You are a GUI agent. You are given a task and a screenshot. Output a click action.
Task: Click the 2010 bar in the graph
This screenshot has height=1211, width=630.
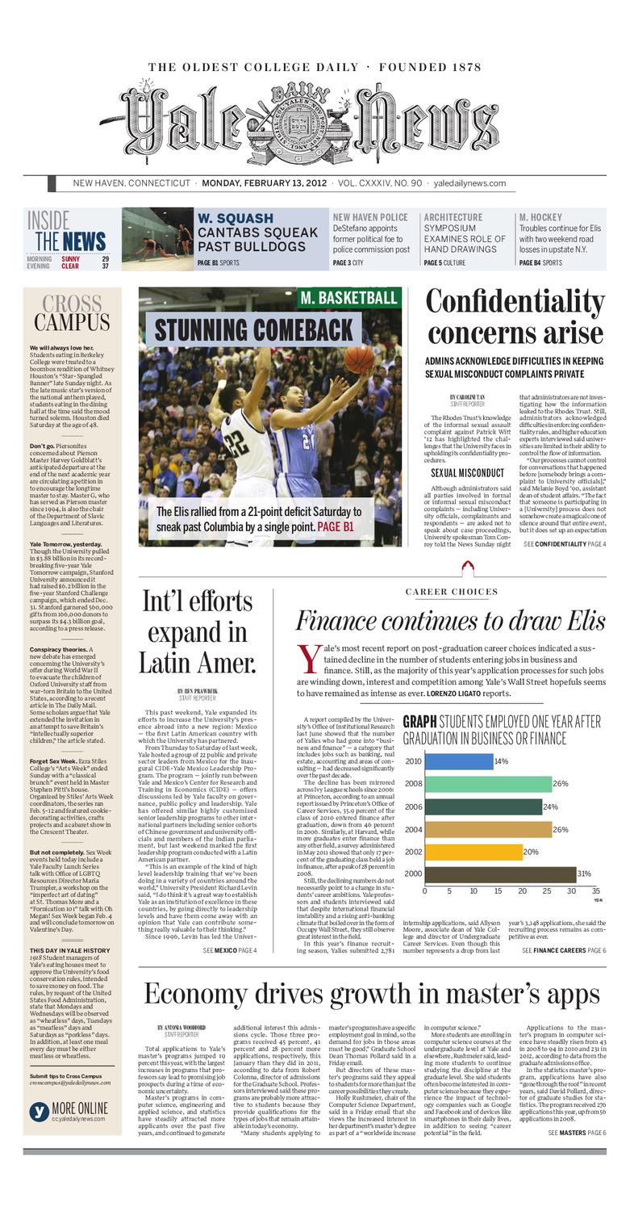pos(458,761)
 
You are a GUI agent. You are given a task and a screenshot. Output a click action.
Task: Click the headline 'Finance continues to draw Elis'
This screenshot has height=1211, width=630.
pos(450,620)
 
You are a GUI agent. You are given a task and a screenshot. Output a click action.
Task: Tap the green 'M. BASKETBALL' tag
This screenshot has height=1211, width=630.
pos(348,298)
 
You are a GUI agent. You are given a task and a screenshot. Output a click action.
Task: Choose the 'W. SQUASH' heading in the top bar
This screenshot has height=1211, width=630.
pos(235,218)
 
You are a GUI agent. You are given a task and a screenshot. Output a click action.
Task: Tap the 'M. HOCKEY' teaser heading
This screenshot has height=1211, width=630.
pos(540,218)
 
